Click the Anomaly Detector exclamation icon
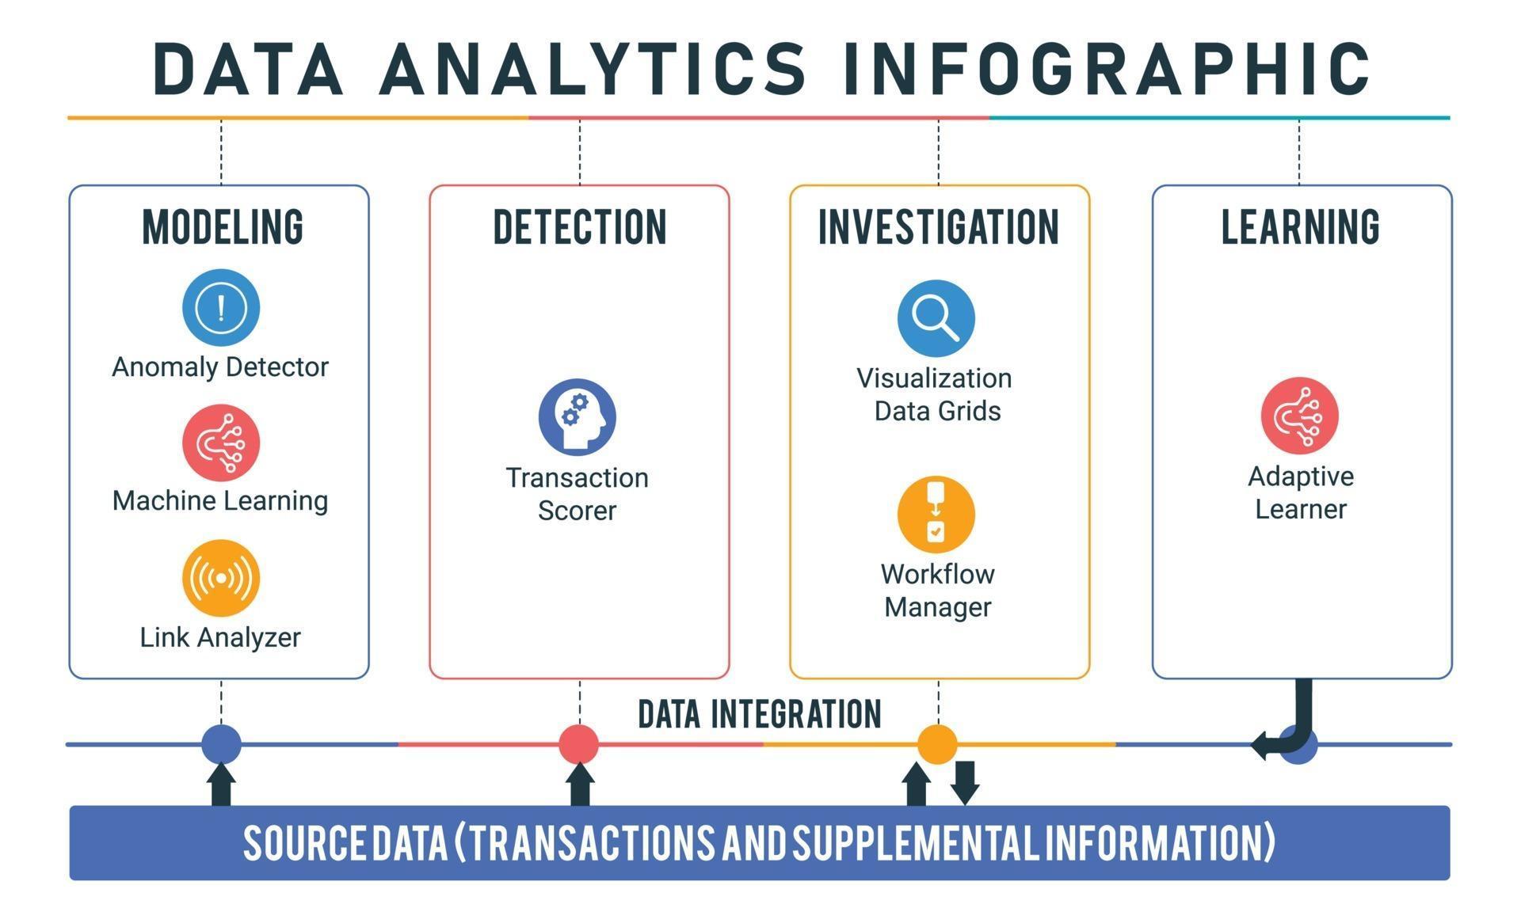click(x=221, y=307)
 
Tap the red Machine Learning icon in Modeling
click(x=221, y=443)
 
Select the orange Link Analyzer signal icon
click(x=221, y=578)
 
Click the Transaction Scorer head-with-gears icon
click(x=578, y=416)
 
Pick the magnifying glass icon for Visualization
click(x=936, y=318)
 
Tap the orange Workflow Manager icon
click(x=936, y=515)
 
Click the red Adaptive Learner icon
click(x=1299, y=416)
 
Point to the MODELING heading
click(x=223, y=227)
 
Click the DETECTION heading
click(x=580, y=227)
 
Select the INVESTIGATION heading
click(x=939, y=227)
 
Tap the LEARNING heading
click(x=1300, y=227)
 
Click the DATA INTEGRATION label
click(x=759, y=714)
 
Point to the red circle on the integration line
click(x=578, y=744)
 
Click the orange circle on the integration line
click(x=937, y=744)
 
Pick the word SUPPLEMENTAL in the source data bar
click(x=917, y=842)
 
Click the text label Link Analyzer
click(x=220, y=637)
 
